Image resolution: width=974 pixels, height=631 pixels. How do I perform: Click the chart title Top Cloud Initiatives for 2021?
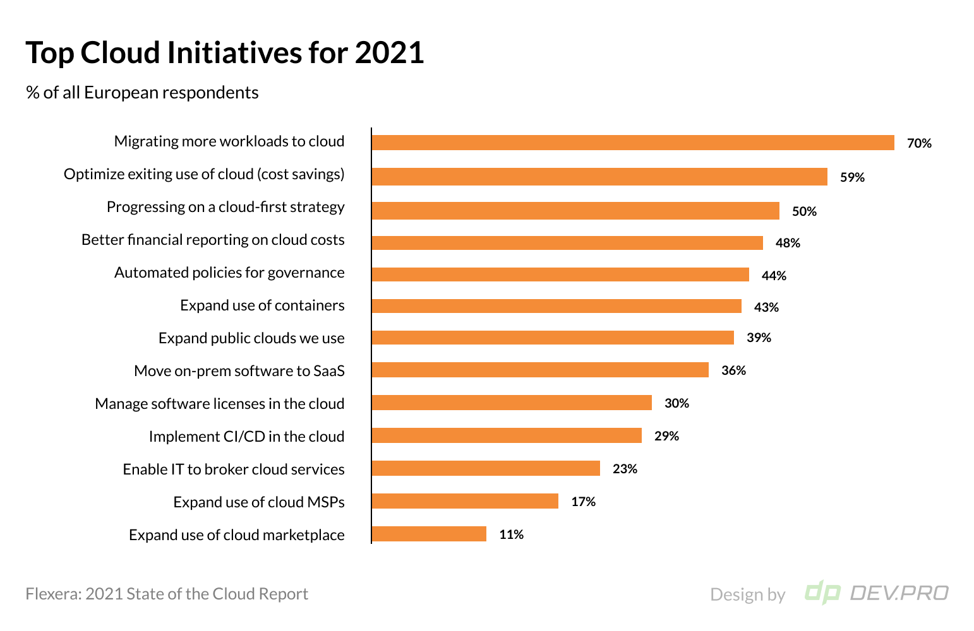point(224,53)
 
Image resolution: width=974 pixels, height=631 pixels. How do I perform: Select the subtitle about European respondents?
point(142,93)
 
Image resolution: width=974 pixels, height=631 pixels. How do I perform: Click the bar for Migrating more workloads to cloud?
point(632,143)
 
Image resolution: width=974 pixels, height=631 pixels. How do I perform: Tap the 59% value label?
point(852,177)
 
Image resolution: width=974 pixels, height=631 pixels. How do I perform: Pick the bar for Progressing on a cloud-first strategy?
point(575,211)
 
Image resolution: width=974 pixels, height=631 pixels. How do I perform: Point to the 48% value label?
point(788,243)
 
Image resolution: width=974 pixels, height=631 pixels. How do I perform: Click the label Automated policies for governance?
point(229,273)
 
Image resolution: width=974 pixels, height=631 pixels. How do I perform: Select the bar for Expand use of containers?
point(556,306)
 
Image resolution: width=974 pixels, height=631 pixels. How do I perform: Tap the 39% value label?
point(759,338)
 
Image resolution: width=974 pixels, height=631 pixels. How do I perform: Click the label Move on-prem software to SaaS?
point(239,371)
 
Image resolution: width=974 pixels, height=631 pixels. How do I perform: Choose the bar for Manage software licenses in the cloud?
point(511,403)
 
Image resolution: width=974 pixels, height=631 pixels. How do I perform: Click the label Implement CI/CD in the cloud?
point(246,437)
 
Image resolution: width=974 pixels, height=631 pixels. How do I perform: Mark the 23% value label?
point(625,469)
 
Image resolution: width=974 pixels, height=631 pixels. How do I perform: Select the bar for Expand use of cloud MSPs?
point(464,501)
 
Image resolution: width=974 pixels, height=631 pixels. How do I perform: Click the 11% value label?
point(511,534)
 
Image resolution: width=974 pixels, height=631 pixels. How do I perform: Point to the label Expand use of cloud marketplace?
point(236,535)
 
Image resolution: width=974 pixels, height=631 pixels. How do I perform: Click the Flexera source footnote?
point(167,594)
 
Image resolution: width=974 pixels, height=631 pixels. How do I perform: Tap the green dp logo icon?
point(822,593)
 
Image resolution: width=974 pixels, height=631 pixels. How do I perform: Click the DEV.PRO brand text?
point(899,593)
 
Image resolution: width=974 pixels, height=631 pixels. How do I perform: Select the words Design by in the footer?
point(747,594)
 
